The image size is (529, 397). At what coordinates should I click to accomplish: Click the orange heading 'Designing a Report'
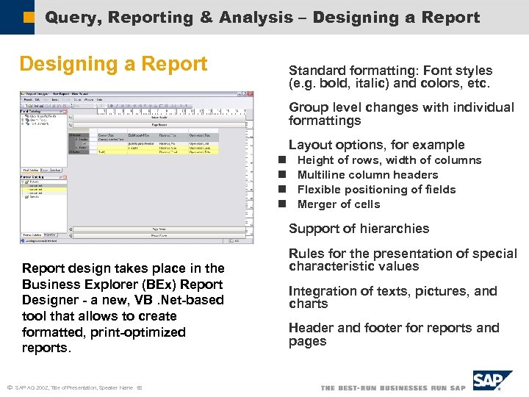(x=113, y=65)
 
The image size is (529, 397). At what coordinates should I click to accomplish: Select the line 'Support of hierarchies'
(x=359, y=229)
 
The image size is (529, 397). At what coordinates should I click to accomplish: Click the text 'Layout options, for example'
(x=376, y=145)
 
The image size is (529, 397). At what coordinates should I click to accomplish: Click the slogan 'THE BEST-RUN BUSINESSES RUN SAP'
(x=393, y=387)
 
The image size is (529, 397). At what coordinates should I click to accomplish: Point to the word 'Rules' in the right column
(x=306, y=254)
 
